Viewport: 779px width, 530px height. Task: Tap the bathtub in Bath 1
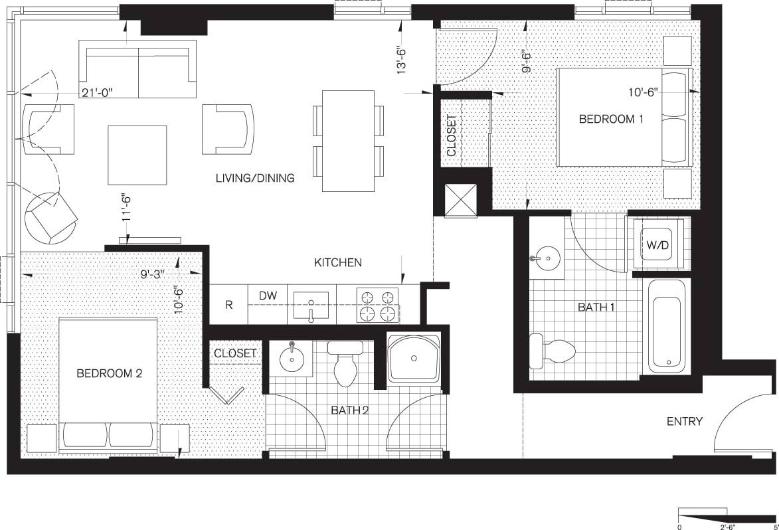pyautogui.click(x=666, y=325)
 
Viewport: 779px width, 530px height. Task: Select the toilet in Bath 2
pyautogui.click(x=346, y=364)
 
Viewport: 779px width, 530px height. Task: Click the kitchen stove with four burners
pyautogui.click(x=378, y=304)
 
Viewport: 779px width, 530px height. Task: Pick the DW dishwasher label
pyautogui.click(x=267, y=295)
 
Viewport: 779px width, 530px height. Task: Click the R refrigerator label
pyautogui.click(x=228, y=306)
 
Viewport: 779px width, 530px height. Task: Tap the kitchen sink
pyautogui.click(x=310, y=306)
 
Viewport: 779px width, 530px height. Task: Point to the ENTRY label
pyautogui.click(x=685, y=421)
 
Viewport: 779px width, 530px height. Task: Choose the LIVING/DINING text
pyautogui.click(x=254, y=178)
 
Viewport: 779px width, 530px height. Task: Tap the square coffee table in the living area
pyautogui.click(x=137, y=155)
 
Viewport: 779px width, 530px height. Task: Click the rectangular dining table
pyautogui.click(x=348, y=141)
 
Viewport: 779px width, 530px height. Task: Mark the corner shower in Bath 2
pyautogui.click(x=414, y=359)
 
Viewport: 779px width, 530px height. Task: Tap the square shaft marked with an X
pyautogui.click(x=460, y=200)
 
